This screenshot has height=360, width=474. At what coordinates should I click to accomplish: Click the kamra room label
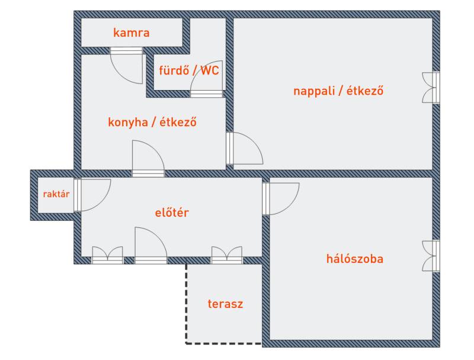[x=132, y=33]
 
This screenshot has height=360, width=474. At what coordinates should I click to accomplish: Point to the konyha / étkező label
[x=152, y=123]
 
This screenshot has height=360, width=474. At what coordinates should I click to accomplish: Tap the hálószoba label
[x=355, y=259]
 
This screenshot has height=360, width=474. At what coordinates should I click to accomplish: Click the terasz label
[x=225, y=304]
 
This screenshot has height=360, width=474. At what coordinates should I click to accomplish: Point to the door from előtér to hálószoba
[x=281, y=198]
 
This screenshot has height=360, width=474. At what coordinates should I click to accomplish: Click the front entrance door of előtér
[x=150, y=245]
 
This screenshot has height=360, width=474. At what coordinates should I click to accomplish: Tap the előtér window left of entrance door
[x=107, y=256]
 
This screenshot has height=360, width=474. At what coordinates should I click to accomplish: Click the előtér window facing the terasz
[x=227, y=256]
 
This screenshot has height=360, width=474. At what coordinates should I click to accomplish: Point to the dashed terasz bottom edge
[x=224, y=343]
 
